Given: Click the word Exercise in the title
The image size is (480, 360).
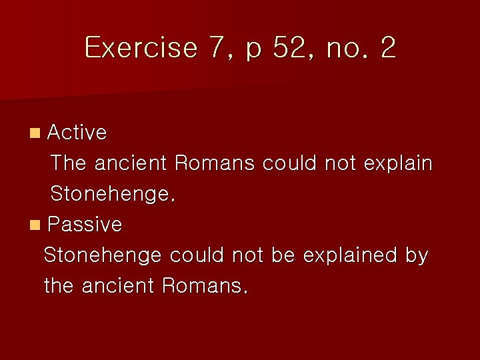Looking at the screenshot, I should [141, 48].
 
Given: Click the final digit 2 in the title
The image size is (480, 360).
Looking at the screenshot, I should [388, 48].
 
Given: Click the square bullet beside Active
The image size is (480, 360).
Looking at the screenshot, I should [35, 133].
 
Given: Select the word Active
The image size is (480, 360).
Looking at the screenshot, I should [77, 133].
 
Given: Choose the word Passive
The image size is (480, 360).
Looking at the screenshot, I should [85, 225].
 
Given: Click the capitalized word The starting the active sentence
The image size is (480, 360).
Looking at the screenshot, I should [69, 163].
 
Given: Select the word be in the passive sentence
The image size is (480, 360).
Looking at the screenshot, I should [283, 255].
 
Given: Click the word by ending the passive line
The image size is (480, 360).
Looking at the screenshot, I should [417, 256].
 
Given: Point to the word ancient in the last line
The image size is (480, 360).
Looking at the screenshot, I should [117, 286].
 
